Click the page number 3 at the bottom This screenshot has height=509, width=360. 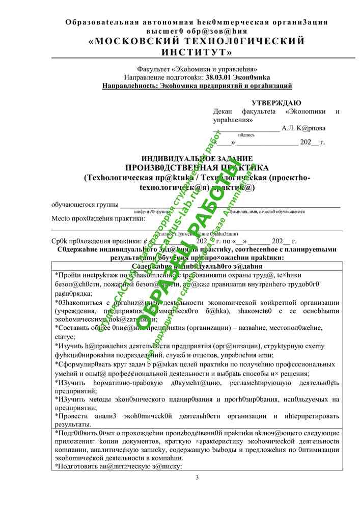pos(197,477)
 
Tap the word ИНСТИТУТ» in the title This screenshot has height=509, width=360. pos(197,52)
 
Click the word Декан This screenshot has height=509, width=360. pos(224,111)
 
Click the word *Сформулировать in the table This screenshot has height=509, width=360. pos(85,364)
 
